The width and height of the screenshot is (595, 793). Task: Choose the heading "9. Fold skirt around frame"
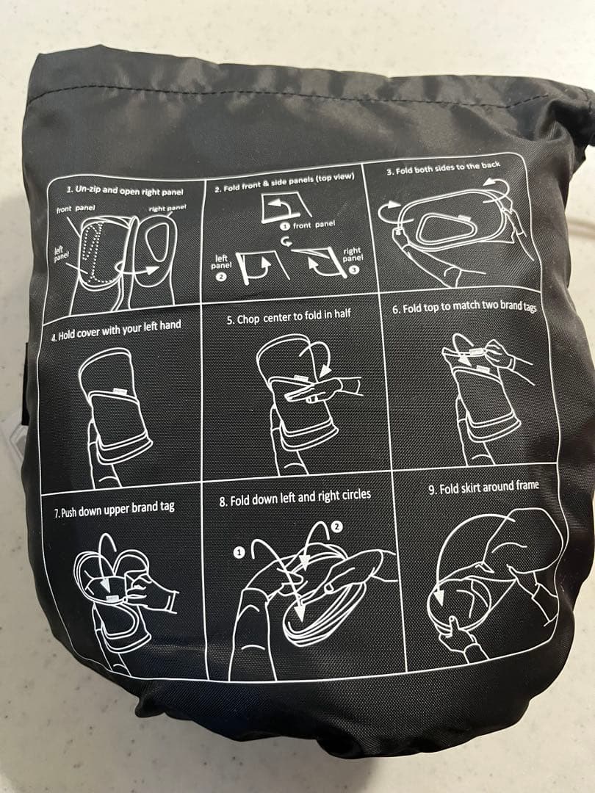pos(483,487)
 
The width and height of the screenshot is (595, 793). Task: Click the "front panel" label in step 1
pos(76,210)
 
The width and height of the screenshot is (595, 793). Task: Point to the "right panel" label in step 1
pos(167,208)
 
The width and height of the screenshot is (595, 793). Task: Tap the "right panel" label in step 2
pos(353,254)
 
